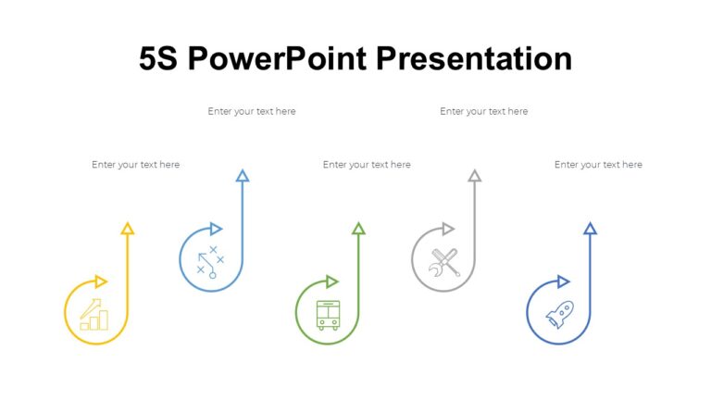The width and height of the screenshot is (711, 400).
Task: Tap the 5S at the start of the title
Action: coord(158,59)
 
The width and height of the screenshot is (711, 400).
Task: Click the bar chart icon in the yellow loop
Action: coord(94,315)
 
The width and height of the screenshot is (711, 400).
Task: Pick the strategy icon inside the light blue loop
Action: coord(210,262)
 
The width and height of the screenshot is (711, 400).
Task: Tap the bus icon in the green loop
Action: coord(328,315)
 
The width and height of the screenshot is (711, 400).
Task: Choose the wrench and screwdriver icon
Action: coord(444,262)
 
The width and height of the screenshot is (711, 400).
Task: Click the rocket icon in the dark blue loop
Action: coord(559,315)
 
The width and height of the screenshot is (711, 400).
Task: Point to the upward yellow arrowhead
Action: coord(128,228)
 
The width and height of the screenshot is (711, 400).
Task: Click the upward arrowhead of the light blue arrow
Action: coord(243,175)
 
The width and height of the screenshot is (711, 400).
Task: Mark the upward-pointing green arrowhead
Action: coord(359,228)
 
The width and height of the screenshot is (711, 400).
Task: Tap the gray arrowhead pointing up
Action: coord(475,175)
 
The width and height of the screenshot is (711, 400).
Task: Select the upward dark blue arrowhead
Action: coord(591,228)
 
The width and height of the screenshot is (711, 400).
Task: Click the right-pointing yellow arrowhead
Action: coord(101,281)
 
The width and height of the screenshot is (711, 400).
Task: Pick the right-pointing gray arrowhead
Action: coord(448,229)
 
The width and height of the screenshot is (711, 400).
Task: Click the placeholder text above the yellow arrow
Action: coord(135,165)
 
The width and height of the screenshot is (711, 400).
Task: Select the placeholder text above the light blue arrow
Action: coord(252,111)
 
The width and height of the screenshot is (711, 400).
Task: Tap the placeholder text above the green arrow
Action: coord(367,165)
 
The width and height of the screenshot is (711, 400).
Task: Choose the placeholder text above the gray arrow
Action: coord(483,111)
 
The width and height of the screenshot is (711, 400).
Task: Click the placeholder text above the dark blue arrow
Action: coord(598,165)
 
